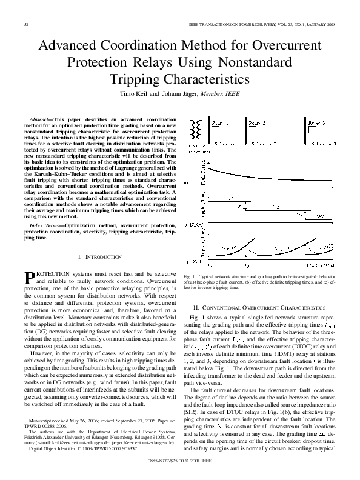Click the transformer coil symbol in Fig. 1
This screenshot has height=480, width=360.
pos(197,130)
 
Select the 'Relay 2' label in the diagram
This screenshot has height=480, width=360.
pos(256,122)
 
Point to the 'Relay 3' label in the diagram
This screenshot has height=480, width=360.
pos(316,122)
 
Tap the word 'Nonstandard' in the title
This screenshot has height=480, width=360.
pos(247,62)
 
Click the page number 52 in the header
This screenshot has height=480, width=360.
pos(26,24)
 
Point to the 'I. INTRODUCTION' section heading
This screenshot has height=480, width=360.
pos(101,258)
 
